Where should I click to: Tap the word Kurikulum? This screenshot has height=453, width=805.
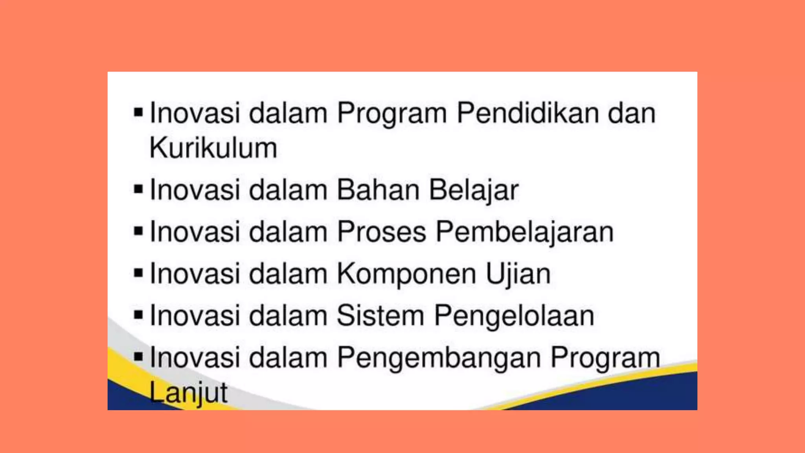click(213, 148)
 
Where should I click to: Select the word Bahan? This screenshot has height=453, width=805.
click(378, 190)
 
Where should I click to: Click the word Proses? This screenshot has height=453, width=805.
click(382, 232)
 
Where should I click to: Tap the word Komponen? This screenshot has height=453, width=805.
click(406, 274)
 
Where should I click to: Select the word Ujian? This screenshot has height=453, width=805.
click(518, 274)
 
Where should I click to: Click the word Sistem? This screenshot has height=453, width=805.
click(380, 316)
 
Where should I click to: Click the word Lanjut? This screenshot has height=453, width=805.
click(188, 393)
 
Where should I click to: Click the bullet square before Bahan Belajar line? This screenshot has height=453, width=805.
click(138, 190)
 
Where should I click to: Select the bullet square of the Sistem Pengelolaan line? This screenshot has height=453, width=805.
click(138, 315)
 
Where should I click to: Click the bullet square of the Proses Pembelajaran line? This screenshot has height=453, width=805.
click(138, 231)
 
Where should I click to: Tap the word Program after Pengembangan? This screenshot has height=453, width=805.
click(605, 359)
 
